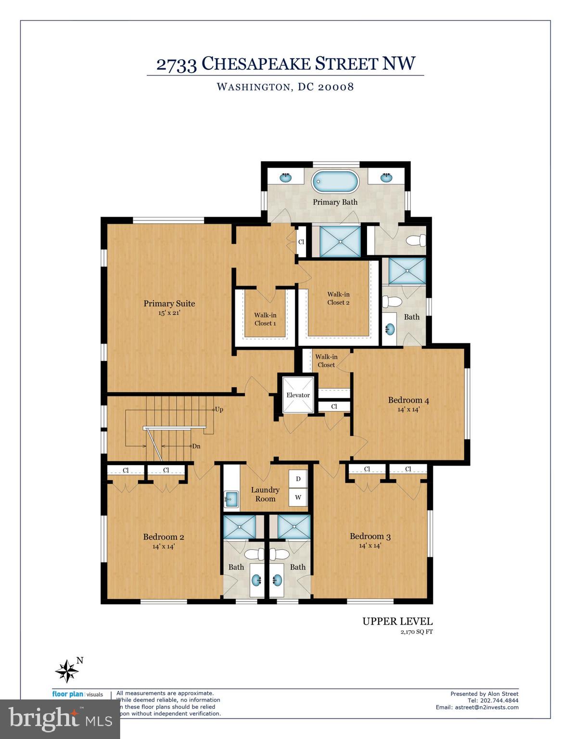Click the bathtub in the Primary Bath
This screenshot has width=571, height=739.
[335, 182]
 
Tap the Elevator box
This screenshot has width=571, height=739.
[298, 395]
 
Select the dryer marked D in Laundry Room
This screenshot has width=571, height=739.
[298, 479]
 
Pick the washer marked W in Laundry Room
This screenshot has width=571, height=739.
[298, 497]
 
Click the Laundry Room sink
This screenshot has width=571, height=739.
[231, 498]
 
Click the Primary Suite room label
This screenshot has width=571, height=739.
[169, 304]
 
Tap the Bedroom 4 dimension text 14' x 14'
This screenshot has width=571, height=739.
[408, 409]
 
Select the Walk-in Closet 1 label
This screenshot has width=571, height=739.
[265, 319]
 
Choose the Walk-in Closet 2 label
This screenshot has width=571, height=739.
[338, 298]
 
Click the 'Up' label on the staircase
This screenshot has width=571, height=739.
[219, 409]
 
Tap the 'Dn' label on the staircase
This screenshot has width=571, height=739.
[196, 446]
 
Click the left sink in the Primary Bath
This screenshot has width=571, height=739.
[286, 178]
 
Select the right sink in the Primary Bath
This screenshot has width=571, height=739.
[385, 178]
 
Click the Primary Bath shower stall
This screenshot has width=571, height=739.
[340, 241]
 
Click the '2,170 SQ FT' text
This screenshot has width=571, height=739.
[416, 632]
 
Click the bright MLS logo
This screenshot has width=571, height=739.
[60, 719]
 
